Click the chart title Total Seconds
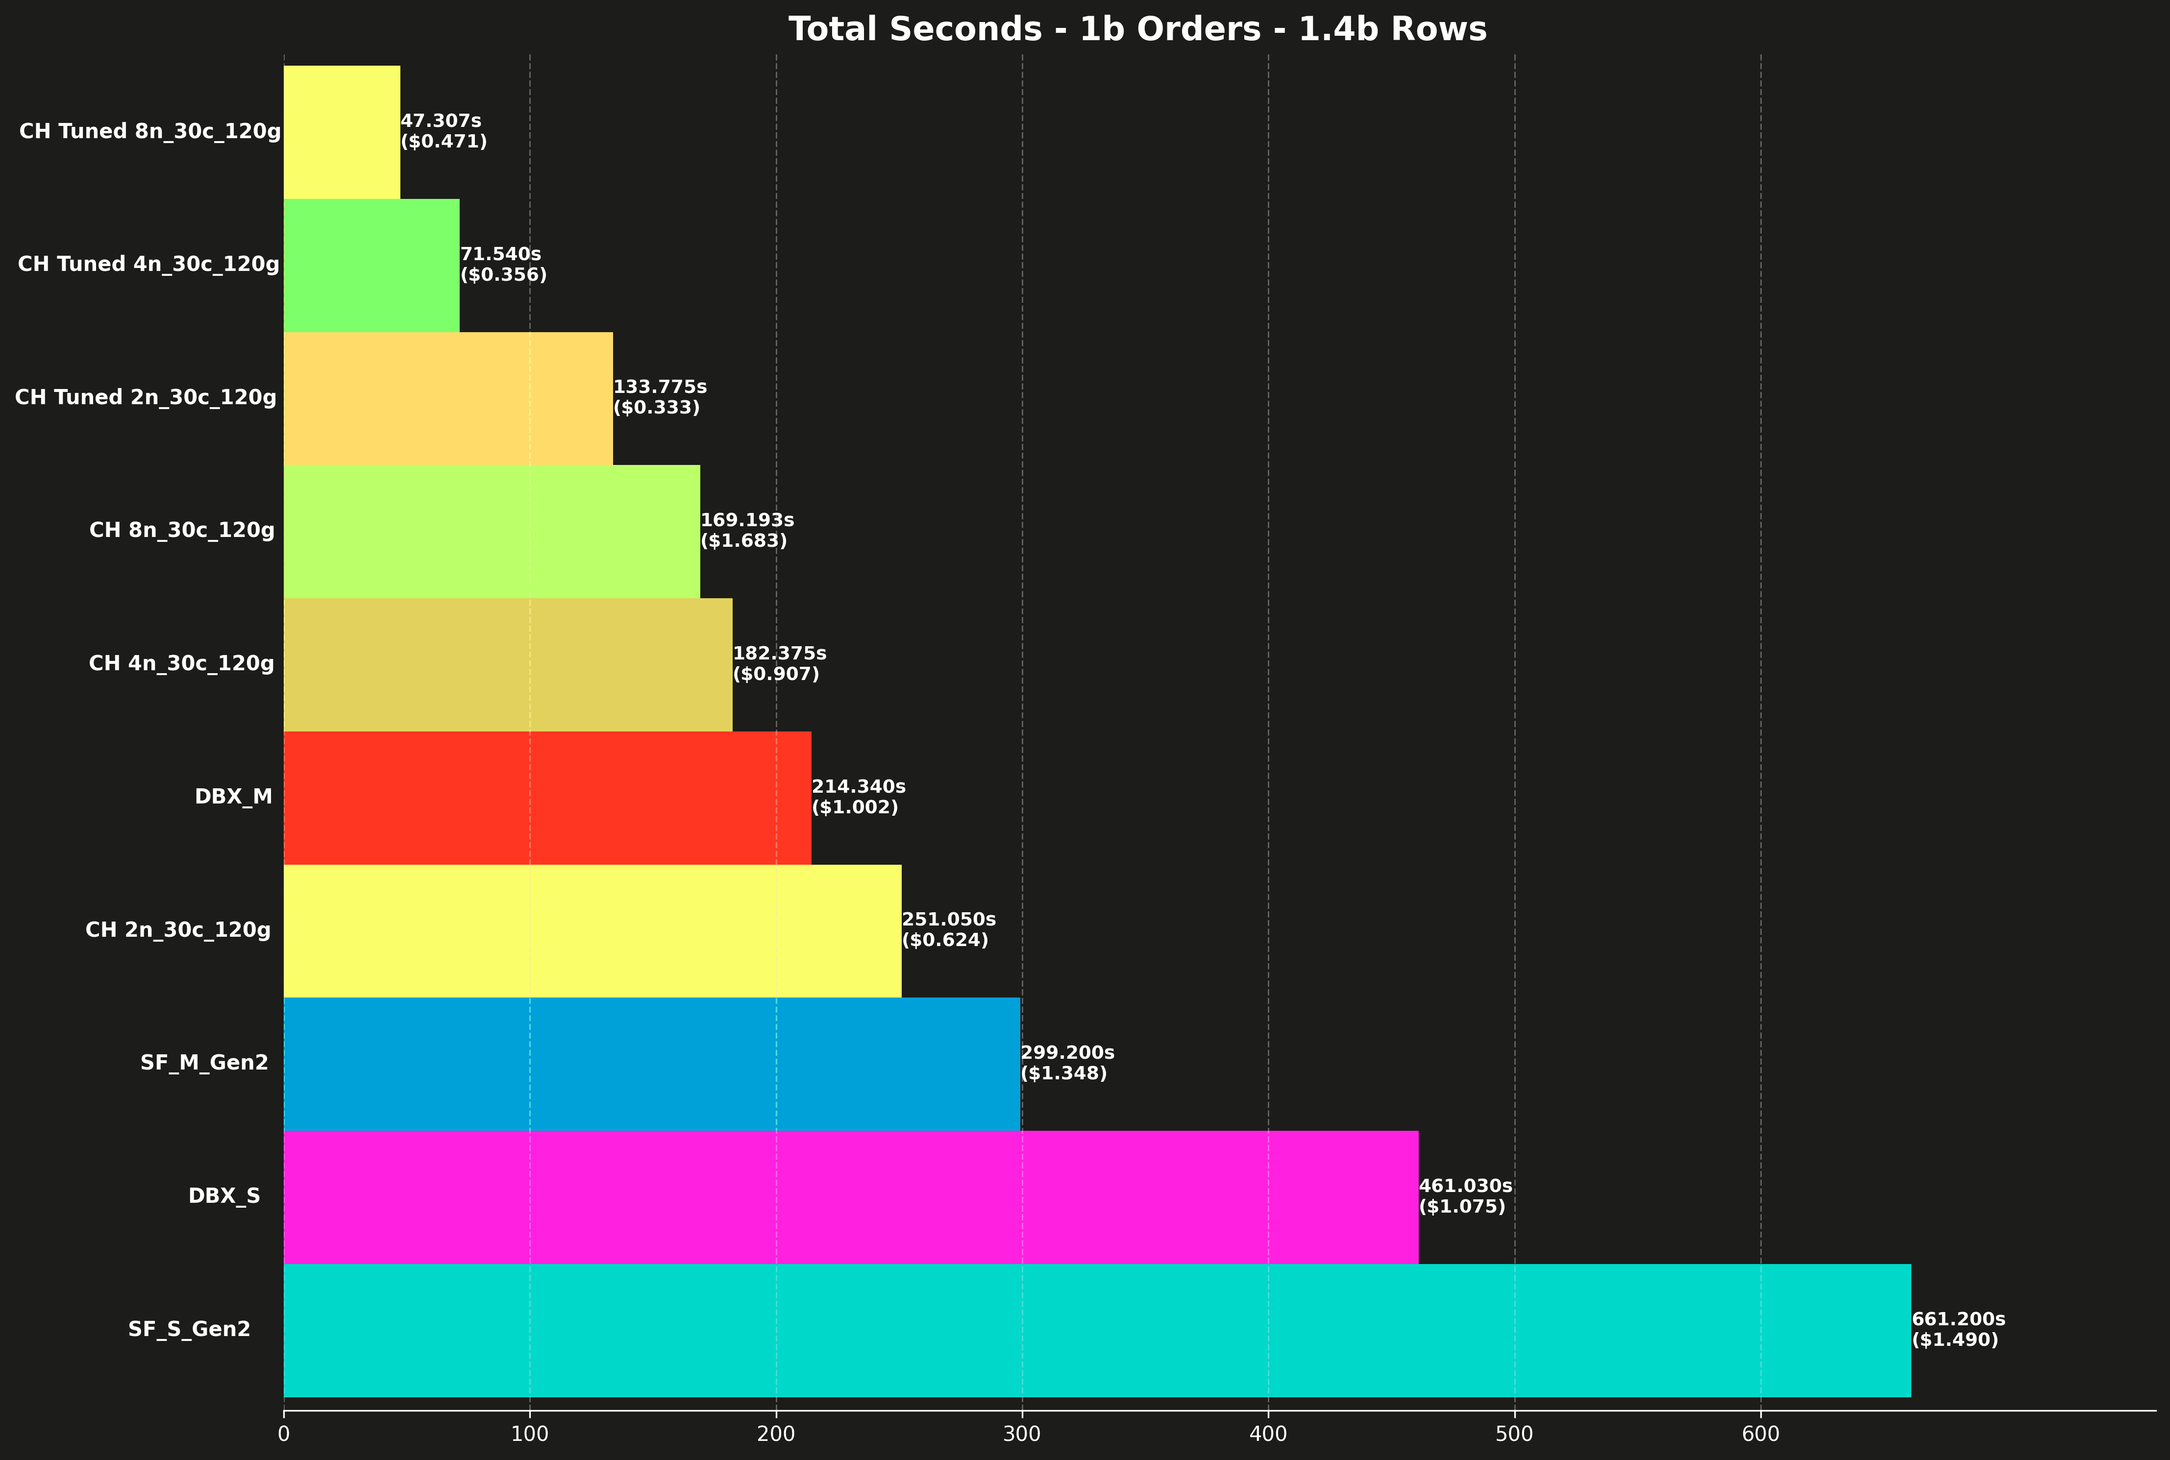pyautogui.click(x=1137, y=30)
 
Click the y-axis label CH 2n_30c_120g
pyautogui.click(x=178, y=930)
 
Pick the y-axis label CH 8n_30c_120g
pyautogui.click(x=182, y=531)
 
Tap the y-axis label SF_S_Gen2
pyautogui.click(x=189, y=1330)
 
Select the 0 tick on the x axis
pyautogui.click(x=284, y=1434)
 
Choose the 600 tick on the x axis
pyautogui.click(x=1760, y=1434)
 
